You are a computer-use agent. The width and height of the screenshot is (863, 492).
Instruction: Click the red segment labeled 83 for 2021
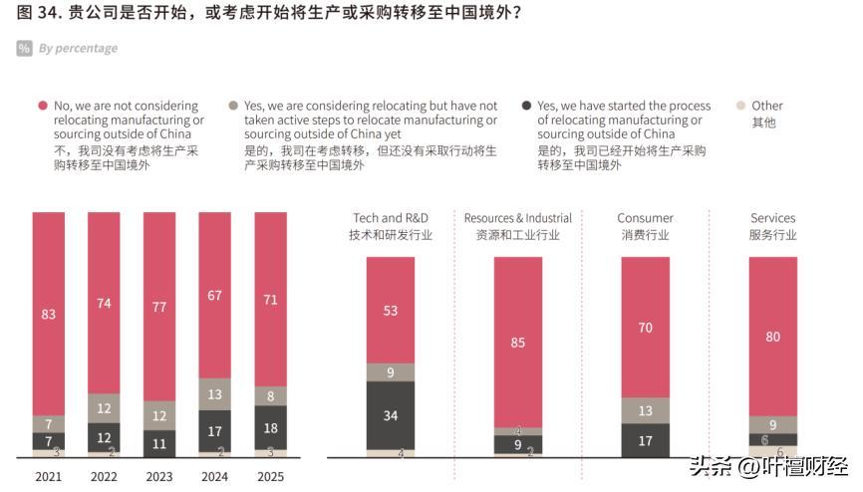pyautogui.click(x=49, y=314)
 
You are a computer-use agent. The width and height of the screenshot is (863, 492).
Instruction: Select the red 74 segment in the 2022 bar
pyautogui.click(x=104, y=303)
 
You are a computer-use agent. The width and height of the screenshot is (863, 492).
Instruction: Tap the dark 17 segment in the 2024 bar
pyautogui.click(x=215, y=431)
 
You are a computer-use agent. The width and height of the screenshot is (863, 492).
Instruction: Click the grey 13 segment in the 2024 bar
pyautogui.click(x=215, y=394)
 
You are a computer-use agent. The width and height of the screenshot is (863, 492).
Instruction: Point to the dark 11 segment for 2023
pyautogui.click(x=159, y=443)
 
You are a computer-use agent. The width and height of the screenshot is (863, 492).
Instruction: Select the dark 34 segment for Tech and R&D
pyautogui.click(x=391, y=415)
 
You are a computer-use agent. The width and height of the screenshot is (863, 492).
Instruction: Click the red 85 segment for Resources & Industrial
pyautogui.click(x=518, y=343)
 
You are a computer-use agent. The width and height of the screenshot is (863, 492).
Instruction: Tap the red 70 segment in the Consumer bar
pyautogui.click(x=646, y=327)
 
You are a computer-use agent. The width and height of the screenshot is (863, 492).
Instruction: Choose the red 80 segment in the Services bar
pyautogui.click(x=773, y=336)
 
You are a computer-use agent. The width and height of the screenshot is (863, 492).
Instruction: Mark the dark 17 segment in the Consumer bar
pyautogui.click(x=646, y=440)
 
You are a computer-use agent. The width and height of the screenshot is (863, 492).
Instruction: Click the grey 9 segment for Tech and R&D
pyautogui.click(x=391, y=372)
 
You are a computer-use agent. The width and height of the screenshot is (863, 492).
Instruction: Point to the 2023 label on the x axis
pyautogui.click(x=159, y=477)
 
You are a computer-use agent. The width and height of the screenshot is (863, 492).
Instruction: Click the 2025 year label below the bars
pyautogui.click(x=270, y=477)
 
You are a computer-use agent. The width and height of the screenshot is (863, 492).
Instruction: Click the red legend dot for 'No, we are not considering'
pyautogui.click(x=42, y=106)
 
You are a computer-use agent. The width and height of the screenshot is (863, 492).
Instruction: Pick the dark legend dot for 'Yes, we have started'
pyautogui.click(x=525, y=106)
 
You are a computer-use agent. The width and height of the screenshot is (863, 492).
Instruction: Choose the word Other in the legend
pyautogui.click(x=767, y=106)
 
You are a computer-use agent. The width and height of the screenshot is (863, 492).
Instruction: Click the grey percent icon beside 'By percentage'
pyautogui.click(x=24, y=48)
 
